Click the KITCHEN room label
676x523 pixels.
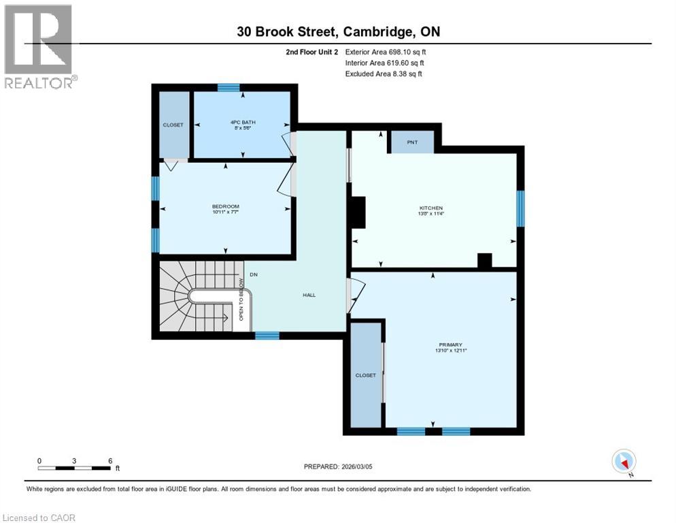(x=431, y=208)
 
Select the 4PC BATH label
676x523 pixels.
(x=241, y=123)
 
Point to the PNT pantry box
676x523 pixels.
(x=412, y=142)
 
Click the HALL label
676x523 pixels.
(x=309, y=295)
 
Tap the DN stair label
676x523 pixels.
(x=254, y=274)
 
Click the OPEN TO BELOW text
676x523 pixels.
(x=241, y=300)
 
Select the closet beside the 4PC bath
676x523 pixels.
(x=173, y=125)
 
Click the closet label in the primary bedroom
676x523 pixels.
(x=365, y=375)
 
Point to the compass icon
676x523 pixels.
(x=623, y=462)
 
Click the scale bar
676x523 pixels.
(x=74, y=468)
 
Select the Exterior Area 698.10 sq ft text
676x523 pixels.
(x=386, y=52)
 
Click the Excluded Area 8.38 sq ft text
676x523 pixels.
(x=384, y=74)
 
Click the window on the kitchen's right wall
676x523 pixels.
(x=520, y=208)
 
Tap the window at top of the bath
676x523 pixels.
(x=229, y=87)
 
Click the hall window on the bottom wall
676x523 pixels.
(x=267, y=335)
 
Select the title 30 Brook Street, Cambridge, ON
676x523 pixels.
(x=338, y=31)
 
